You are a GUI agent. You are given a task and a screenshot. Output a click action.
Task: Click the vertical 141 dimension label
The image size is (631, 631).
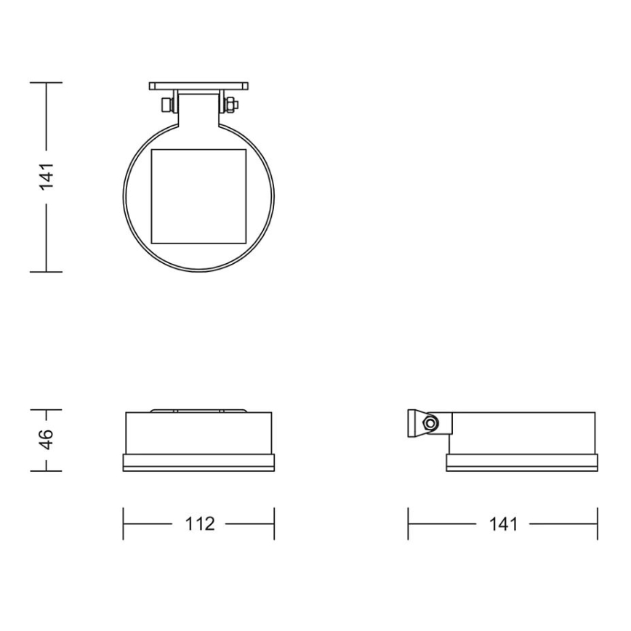(x=47, y=177)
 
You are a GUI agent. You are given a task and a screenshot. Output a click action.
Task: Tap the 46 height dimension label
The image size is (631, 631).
(x=46, y=440)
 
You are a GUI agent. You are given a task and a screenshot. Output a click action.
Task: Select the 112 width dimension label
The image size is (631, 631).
(x=199, y=523)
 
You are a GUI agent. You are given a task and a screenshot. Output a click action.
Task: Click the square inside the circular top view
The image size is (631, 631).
(x=199, y=196)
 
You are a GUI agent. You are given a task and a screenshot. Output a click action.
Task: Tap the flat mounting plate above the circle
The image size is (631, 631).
(x=199, y=86)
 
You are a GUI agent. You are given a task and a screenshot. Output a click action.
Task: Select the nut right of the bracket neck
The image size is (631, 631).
(x=231, y=105)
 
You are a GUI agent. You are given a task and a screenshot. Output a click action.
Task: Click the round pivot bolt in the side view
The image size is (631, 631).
(x=432, y=423)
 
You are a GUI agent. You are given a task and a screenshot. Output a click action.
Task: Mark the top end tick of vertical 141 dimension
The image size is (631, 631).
(x=47, y=83)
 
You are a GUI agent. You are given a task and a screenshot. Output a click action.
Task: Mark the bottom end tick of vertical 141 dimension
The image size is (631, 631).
(x=47, y=272)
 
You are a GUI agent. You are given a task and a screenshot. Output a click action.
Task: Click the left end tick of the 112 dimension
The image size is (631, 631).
(x=124, y=523)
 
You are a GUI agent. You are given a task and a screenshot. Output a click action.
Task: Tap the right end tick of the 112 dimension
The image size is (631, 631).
(x=274, y=523)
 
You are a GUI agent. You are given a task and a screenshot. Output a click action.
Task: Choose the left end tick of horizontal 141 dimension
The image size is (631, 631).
(x=408, y=523)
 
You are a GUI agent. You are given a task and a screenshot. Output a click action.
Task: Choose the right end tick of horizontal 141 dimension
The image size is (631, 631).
(x=597, y=523)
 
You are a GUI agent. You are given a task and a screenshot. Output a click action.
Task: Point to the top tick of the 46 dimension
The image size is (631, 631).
(x=47, y=410)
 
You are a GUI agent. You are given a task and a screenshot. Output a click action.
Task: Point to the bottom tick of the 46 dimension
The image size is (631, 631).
(x=47, y=470)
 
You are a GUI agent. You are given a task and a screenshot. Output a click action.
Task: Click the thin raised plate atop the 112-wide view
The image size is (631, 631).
(x=199, y=411)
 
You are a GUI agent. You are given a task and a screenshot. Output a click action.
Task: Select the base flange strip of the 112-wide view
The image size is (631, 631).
(x=199, y=465)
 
